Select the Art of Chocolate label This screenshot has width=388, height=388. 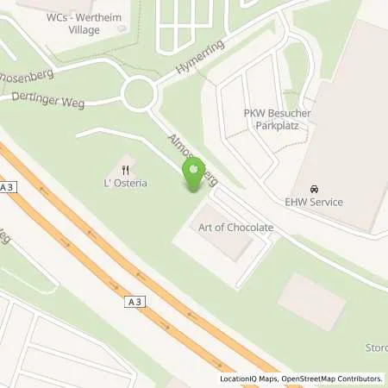(x=235, y=227)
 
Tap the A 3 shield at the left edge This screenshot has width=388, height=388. (x=9, y=186)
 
